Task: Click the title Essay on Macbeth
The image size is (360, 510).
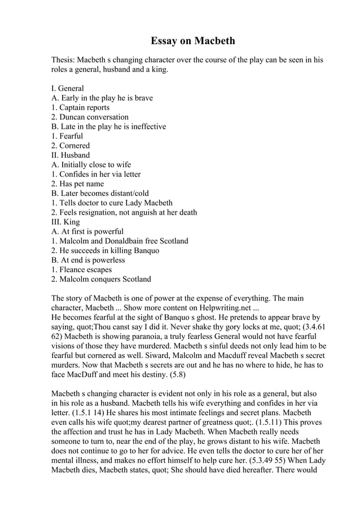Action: click(x=192, y=41)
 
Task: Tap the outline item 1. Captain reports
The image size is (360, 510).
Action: click(x=80, y=107)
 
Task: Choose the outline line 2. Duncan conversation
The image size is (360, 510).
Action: click(x=90, y=117)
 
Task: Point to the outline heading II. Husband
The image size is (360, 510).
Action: click(x=70, y=155)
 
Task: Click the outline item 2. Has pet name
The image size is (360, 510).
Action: click(x=77, y=184)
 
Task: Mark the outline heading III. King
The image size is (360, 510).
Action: click(x=65, y=222)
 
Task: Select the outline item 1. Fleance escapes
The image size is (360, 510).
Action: click(x=81, y=269)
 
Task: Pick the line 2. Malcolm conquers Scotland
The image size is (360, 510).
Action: click(x=101, y=279)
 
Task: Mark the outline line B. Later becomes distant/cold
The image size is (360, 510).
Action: click(x=100, y=193)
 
